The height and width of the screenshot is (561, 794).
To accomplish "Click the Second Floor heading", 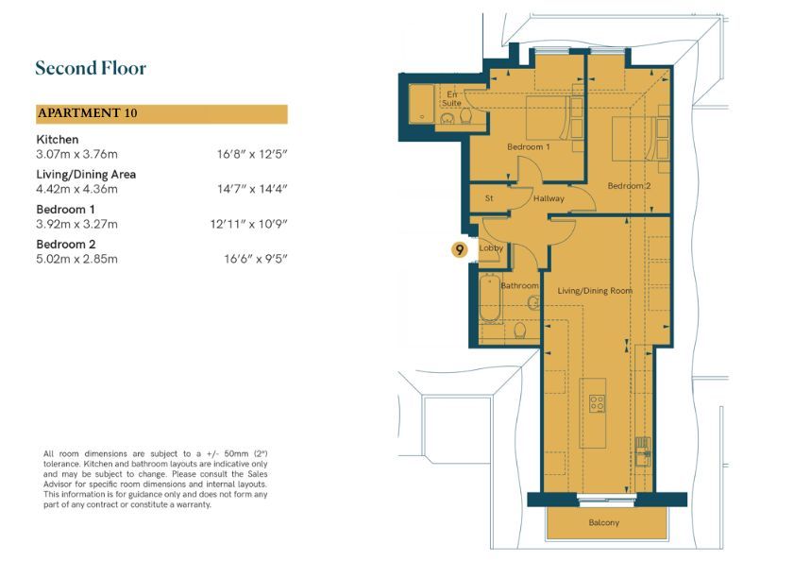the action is (91, 68).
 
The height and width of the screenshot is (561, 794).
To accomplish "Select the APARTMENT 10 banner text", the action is (87, 112).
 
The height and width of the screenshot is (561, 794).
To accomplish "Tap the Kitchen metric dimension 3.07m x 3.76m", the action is (77, 154).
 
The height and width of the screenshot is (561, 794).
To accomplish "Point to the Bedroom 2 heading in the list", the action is (66, 245).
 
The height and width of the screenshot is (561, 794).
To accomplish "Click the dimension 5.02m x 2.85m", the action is (77, 259).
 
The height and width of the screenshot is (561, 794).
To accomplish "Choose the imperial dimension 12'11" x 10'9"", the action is (248, 224).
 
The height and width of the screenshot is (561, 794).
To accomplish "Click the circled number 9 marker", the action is (459, 249).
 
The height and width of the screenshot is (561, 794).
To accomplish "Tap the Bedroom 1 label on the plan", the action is (528, 147).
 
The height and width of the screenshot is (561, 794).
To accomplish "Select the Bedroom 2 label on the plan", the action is (629, 186).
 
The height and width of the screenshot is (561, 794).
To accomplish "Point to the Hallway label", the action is (549, 198).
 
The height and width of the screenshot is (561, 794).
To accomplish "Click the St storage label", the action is (489, 198).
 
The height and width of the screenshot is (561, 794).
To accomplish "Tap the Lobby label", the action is (491, 247).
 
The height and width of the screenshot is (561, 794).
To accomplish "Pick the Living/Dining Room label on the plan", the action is (595, 291).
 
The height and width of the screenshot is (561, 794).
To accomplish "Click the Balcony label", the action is (603, 522).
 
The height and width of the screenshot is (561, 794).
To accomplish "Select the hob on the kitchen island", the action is (597, 403).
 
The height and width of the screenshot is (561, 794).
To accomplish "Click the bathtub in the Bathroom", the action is (490, 299).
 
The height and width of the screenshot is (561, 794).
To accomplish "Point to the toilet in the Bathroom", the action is (519, 331).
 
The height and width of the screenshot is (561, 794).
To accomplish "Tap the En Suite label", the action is (451, 99).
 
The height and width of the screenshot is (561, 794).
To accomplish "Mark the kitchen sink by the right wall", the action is (643, 451).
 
